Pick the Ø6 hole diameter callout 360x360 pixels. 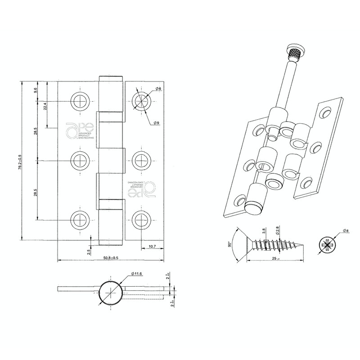(x=158, y=90)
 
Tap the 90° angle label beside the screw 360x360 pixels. (x=229, y=245)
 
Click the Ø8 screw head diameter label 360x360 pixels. (x=345, y=231)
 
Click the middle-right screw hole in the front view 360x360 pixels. (x=140, y=160)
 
